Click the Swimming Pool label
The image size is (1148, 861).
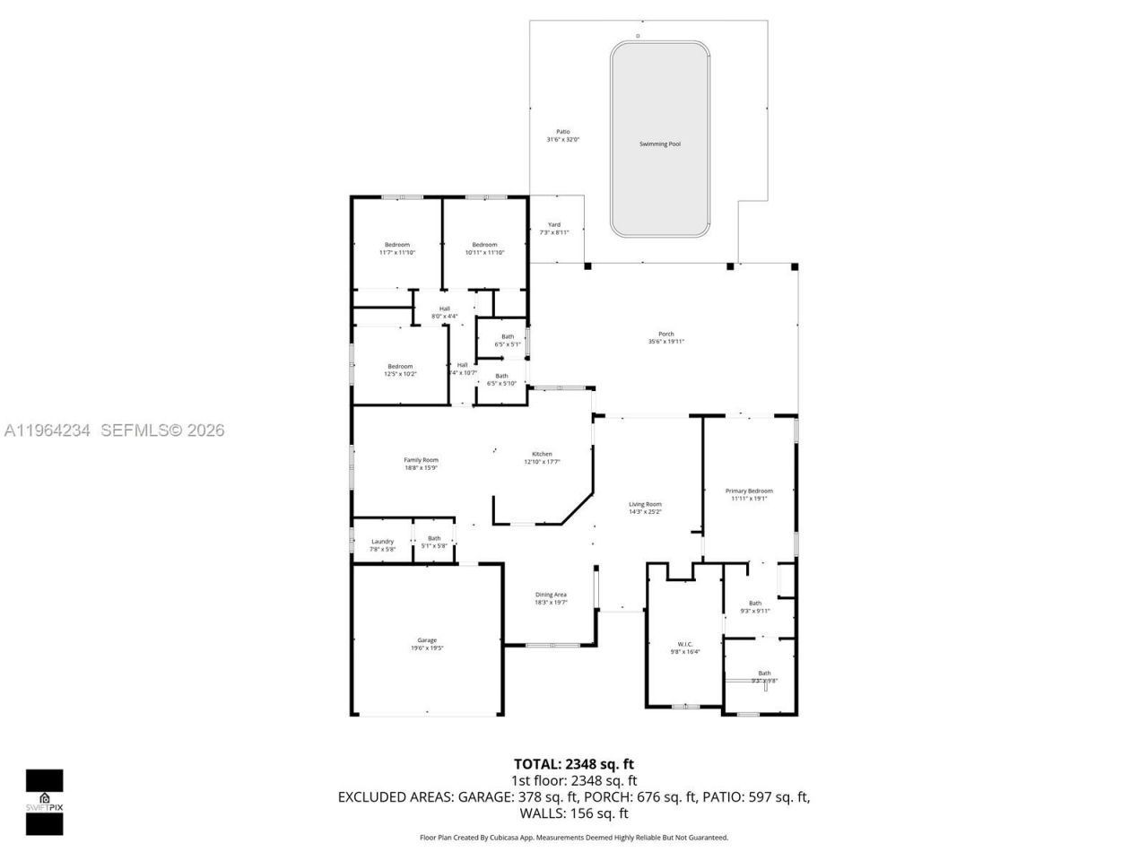tap(659, 143)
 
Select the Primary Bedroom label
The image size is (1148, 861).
tap(749, 491)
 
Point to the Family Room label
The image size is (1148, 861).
tap(421, 460)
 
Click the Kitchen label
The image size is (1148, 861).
tap(542, 454)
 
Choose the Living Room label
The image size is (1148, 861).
tap(645, 504)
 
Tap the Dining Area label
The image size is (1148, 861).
tap(551, 595)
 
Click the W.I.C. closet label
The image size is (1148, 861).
tap(684, 644)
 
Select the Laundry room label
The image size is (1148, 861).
tap(383, 541)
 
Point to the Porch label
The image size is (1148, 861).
tap(665, 334)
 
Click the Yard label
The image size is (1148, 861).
tap(554, 224)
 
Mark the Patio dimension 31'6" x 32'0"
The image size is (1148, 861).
tap(563, 140)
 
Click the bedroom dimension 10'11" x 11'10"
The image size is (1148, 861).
tap(484, 253)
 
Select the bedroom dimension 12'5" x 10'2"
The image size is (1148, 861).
tap(400, 374)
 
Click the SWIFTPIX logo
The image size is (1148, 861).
tap(44, 801)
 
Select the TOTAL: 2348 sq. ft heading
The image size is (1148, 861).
tap(573, 764)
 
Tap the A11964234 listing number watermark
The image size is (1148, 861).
tap(47, 430)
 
